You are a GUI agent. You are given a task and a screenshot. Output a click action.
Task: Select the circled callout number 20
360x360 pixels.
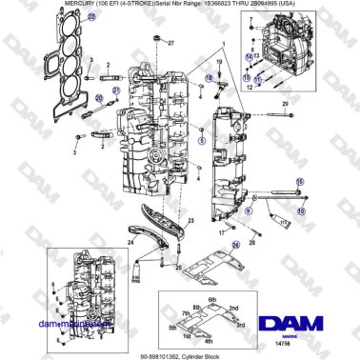pyautogui.click(x=97, y=98)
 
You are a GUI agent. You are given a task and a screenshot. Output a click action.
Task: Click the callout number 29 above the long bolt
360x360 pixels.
pyautogui.click(x=283, y=101)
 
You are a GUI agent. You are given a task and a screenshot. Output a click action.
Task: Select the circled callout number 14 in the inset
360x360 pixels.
pyautogui.click(x=247, y=56)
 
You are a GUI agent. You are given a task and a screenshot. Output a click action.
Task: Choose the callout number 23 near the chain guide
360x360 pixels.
pyautogui.click(x=190, y=220)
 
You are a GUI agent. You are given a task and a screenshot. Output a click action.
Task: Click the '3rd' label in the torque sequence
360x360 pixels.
pyautogui.click(x=241, y=324)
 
